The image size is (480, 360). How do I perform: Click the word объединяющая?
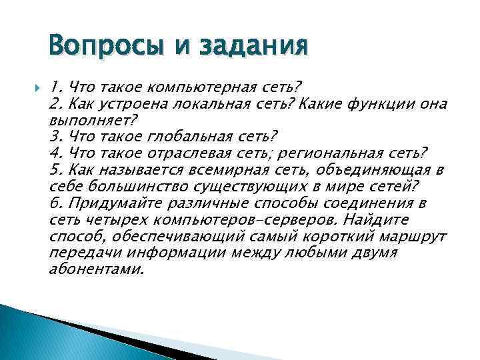pyautogui.click(x=378, y=171)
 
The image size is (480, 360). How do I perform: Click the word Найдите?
pyautogui.click(x=376, y=221)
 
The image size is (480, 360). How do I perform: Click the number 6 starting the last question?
pyautogui.click(x=55, y=204)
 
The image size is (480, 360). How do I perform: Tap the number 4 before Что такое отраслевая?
pyautogui.click(x=55, y=154)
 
